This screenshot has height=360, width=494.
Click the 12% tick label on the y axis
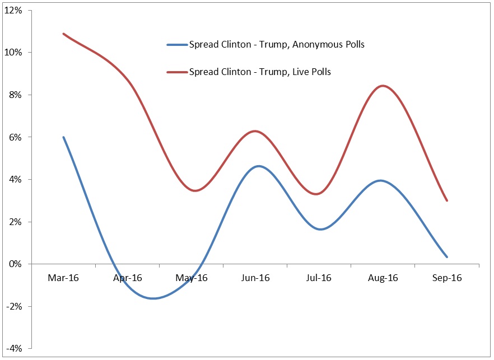[13, 10]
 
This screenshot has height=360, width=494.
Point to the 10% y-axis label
[13, 53]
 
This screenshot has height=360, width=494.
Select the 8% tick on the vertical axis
[16, 95]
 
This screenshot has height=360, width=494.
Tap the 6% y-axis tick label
[16, 137]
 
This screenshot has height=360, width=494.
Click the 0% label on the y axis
[16, 264]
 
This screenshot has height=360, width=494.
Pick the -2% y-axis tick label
[15, 306]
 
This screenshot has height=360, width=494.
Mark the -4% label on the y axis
[15, 348]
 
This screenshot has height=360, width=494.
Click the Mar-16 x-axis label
[64, 278]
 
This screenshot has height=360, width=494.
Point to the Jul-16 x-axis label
[319, 278]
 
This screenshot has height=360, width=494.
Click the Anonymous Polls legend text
[277, 44]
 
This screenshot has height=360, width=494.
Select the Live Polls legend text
[260, 72]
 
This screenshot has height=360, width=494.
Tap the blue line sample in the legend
[177, 45]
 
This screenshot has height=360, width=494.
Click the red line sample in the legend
[177, 72]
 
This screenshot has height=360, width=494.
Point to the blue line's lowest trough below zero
[152, 298]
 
